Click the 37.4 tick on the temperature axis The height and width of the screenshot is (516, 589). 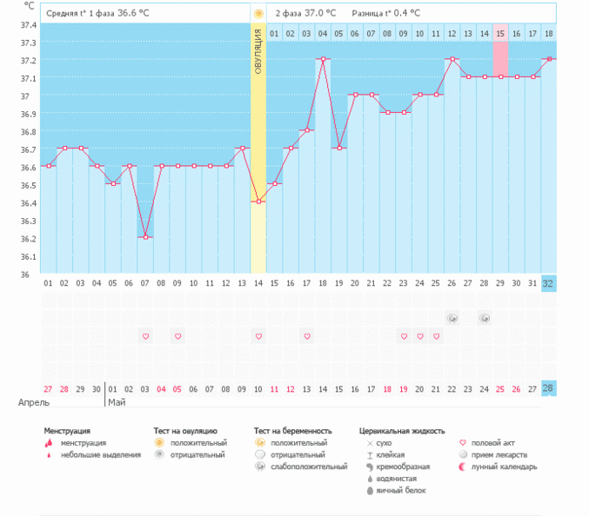29,24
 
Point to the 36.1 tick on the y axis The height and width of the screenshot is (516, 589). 29,256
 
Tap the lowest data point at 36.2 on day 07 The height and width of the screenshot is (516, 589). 146,237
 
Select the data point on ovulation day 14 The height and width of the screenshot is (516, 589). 258,202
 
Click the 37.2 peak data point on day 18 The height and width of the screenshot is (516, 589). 323,59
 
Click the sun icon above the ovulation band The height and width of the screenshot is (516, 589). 258,14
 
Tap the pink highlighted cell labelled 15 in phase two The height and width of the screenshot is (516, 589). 500,34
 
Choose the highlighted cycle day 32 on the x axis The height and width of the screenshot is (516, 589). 548,283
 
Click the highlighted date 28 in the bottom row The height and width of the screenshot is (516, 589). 548,388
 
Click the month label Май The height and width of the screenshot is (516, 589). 117,403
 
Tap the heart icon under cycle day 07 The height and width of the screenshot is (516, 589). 146,336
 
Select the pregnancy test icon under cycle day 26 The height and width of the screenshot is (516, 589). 452,319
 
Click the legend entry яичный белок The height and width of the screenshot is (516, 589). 398,491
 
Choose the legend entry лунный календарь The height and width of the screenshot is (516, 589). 505,466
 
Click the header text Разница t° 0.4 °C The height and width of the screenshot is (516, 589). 385,14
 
